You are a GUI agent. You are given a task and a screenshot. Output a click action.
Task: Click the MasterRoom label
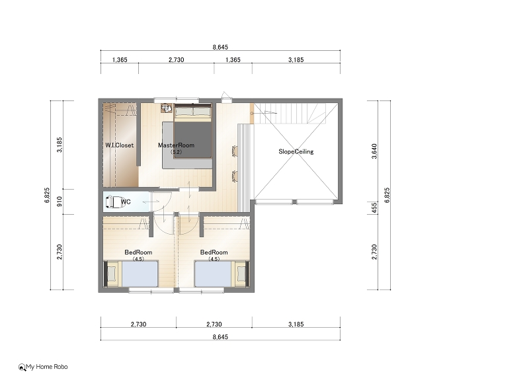tap(176, 145)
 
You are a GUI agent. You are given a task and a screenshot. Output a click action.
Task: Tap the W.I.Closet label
tap(120, 145)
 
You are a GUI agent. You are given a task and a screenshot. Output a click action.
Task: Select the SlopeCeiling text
tap(296, 152)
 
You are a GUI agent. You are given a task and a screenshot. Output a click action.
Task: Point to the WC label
tap(126, 202)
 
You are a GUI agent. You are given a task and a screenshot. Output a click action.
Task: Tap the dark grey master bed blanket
tap(192, 139)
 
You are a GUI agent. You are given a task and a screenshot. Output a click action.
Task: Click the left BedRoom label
tap(138, 252)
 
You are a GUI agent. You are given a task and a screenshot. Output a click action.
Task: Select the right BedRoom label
tap(214, 252)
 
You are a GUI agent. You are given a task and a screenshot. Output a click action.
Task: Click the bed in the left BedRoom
tap(131, 274)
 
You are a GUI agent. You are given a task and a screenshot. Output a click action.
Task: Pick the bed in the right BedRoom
tap(222, 274)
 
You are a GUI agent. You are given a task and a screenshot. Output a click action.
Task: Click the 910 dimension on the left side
tap(60, 202)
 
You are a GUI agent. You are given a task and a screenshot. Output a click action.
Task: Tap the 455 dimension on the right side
tap(374, 208)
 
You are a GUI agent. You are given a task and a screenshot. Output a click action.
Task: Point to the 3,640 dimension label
tap(374, 151)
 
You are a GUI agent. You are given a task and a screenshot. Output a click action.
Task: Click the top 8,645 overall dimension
tap(220, 47)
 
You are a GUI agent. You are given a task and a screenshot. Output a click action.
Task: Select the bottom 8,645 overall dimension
tap(220, 337)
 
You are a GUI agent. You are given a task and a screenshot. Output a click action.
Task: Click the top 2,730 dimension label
tap(176, 60)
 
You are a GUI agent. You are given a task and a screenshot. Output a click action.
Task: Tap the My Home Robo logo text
tap(46, 367)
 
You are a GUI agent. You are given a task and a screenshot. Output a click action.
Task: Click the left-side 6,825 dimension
tap(47, 195)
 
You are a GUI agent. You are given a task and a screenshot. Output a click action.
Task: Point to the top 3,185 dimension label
tap(296, 60)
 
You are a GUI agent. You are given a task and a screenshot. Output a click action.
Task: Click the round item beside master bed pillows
tap(165, 108)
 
